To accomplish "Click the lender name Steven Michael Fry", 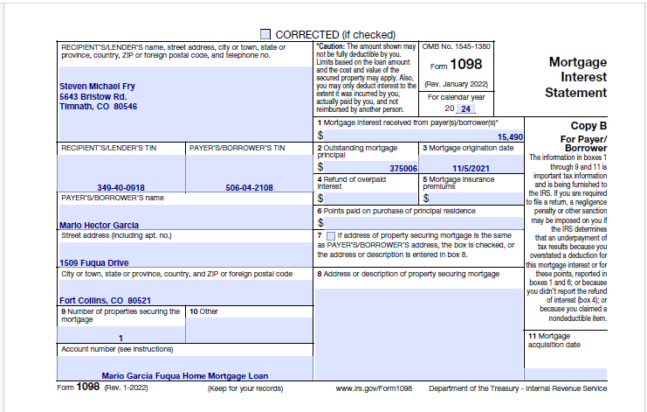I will click(x=97, y=86).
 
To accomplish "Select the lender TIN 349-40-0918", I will click(x=120, y=187).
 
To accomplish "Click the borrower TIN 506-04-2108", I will click(x=249, y=187).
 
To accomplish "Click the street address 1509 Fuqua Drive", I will click(x=93, y=262).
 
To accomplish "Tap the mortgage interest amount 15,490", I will click(x=509, y=137).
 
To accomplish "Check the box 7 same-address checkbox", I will click(x=330, y=236).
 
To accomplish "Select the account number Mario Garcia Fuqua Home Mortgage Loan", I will click(x=183, y=375).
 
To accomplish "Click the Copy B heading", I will click(x=588, y=126).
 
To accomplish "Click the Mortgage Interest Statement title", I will click(x=577, y=77).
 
